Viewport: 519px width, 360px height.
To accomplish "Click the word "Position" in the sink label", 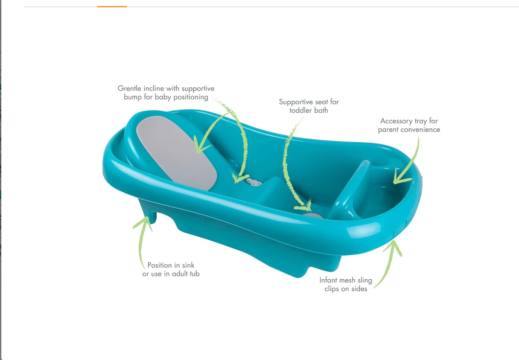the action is coord(159,265).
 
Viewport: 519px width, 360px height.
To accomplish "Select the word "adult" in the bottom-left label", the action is coord(179,274).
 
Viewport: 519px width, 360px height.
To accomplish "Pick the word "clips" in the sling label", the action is coord(331,289).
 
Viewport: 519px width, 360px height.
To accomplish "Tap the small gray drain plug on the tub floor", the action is coord(312,216).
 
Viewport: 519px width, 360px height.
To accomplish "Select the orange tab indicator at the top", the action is coord(112,6).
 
